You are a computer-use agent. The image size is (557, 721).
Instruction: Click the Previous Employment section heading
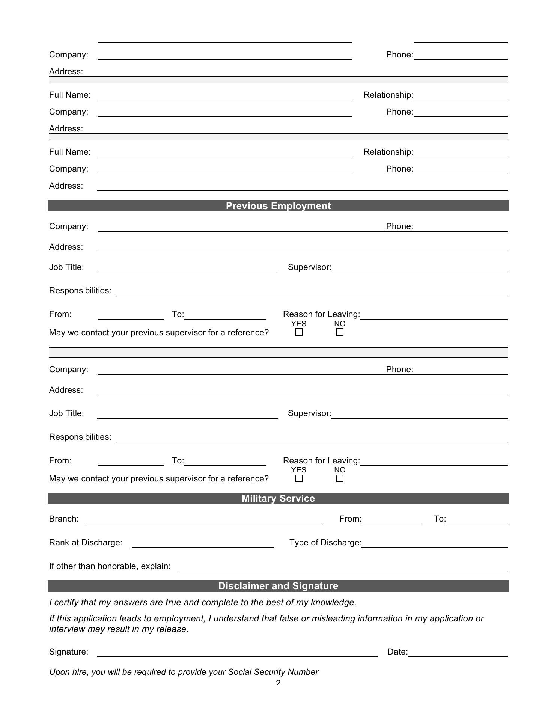(278, 206)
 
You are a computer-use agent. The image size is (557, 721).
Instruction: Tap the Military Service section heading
(278, 498)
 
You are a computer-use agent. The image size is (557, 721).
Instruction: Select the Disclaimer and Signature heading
(278, 586)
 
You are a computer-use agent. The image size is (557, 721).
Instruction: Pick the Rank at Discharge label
(86, 543)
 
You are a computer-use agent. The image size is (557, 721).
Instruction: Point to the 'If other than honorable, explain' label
(110, 566)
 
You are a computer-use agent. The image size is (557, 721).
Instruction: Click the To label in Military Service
(440, 519)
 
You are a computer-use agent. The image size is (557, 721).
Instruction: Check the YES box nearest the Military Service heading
(299, 479)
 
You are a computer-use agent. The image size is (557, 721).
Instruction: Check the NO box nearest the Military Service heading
(340, 479)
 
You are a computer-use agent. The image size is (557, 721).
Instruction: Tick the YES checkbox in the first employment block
(299, 332)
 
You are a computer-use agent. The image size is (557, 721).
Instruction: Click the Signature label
(68, 652)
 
